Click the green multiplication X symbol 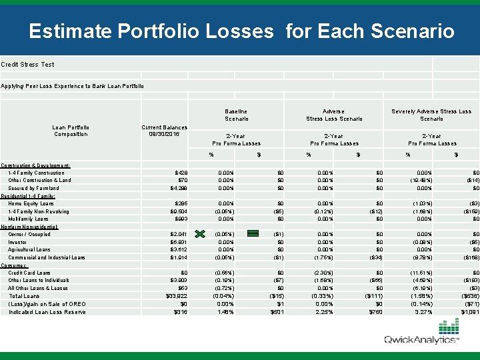tap(199, 233)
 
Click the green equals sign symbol tap(253, 233)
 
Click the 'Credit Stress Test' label tap(28, 65)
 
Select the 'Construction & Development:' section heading tap(36, 165)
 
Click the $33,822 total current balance tap(176, 296)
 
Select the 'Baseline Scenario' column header tap(236, 115)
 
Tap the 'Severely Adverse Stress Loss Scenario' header tap(431, 115)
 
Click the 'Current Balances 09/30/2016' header tap(164, 131)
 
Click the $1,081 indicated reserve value tap(468, 312)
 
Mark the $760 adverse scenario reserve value tap(375, 312)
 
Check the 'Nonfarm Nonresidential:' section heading tap(30, 227)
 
